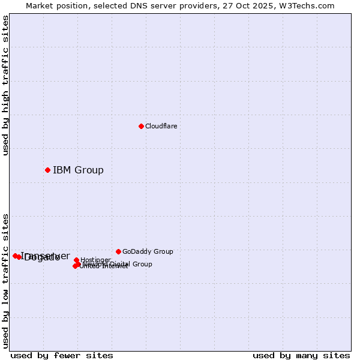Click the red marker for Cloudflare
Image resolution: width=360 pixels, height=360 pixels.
click(141, 126)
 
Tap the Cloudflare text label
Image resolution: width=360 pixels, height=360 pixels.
click(161, 126)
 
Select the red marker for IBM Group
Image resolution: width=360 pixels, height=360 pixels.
click(47, 170)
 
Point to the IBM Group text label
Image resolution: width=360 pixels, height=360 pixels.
click(78, 170)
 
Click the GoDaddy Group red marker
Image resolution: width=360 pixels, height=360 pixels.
click(118, 251)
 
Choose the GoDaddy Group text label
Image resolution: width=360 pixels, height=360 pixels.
click(148, 251)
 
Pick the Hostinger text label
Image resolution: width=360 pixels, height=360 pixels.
click(95, 260)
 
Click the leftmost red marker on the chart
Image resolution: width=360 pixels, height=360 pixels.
click(15, 256)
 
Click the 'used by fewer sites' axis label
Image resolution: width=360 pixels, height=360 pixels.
click(62, 355)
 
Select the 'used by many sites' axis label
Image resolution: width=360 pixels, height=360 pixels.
click(301, 355)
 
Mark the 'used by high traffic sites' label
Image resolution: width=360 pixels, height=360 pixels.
click(6, 85)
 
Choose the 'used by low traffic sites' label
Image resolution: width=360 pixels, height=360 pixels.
click(6, 281)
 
